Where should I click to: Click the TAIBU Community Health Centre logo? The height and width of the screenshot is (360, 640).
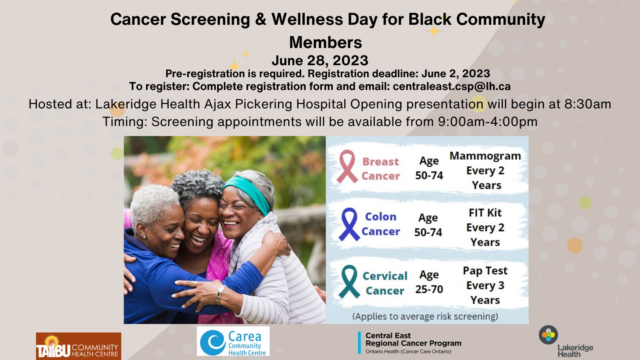click(x=78, y=346)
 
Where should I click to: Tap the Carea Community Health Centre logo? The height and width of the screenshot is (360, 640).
click(x=233, y=342)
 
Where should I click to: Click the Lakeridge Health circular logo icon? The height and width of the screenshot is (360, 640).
click(x=548, y=335)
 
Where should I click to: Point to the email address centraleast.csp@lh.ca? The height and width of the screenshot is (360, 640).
click(x=452, y=86)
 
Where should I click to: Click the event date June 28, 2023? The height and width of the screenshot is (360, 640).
click(x=320, y=60)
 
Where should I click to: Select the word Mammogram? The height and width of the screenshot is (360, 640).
click(x=485, y=156)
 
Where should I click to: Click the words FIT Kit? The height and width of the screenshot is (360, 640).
click(x=485, y=213)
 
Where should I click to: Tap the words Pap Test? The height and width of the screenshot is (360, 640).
click(x=485, y=271)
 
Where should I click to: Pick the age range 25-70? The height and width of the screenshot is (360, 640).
click(x=429, y=290)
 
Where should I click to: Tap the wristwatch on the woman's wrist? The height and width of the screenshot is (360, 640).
click(x=220, y=294)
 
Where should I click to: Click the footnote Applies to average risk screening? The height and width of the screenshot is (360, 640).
click(x=425, y=316)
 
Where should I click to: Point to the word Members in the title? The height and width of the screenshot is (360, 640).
click(x=326, y=42)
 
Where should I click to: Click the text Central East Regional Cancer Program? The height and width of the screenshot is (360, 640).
click(x=413, y=339)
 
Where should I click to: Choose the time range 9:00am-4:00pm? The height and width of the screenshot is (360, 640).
click(x=488, y=122)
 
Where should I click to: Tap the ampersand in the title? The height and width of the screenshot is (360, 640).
click(x=260, y=20)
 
